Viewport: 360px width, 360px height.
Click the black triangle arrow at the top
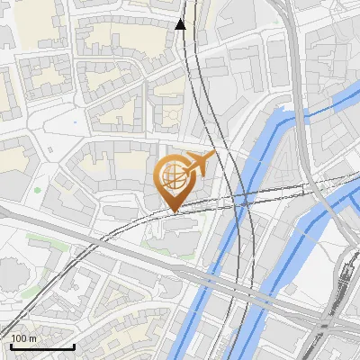(x=181, y=23)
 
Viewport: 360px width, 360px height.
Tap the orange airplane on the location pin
(x=200, y=163)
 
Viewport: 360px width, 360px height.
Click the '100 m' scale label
(x=23, y=338)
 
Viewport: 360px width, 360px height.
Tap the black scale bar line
(x=41, y=346)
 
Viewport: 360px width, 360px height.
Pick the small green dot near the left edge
(x=37, y=190)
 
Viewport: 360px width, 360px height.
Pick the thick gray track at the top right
(x=296, y=54)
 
